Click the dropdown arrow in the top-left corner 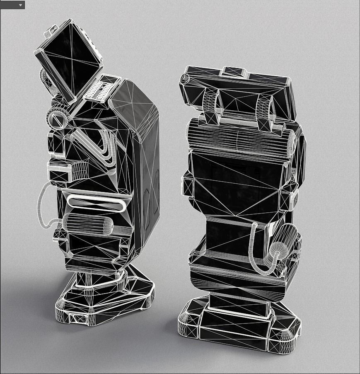[20, 5]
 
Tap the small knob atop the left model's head [52, 30]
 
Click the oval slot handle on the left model [96, 203]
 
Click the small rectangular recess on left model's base [79, 318]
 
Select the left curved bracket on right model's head [211, 107]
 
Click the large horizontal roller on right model [240, 139]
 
